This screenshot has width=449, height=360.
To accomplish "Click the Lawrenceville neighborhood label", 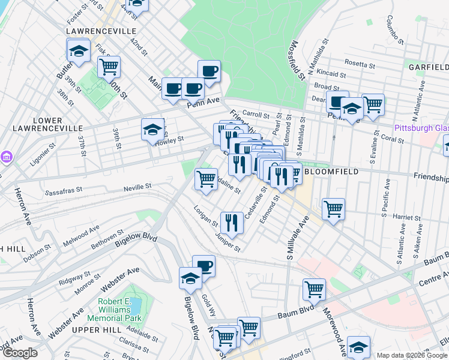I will click(x=101, y=31).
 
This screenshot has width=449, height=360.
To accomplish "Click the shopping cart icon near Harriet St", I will click(x=333, y=209).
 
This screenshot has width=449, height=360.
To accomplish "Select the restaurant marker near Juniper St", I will click(x=231, y=223).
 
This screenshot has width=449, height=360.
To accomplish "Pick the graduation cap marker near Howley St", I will click(x=152, y=129).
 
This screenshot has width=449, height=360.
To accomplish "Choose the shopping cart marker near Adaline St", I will click(x=206, y=178).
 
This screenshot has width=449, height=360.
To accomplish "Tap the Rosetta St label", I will click(x=360, y=63).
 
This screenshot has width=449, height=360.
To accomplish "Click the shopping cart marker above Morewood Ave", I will click(x=314, y=290).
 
